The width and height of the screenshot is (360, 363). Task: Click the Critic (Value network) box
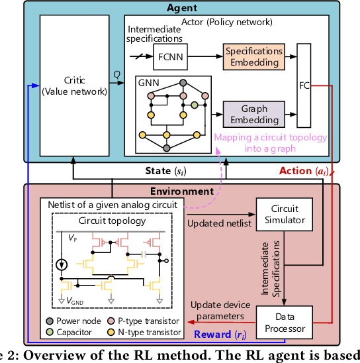pos(74,86)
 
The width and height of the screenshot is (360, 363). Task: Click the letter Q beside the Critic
pos(116,78)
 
